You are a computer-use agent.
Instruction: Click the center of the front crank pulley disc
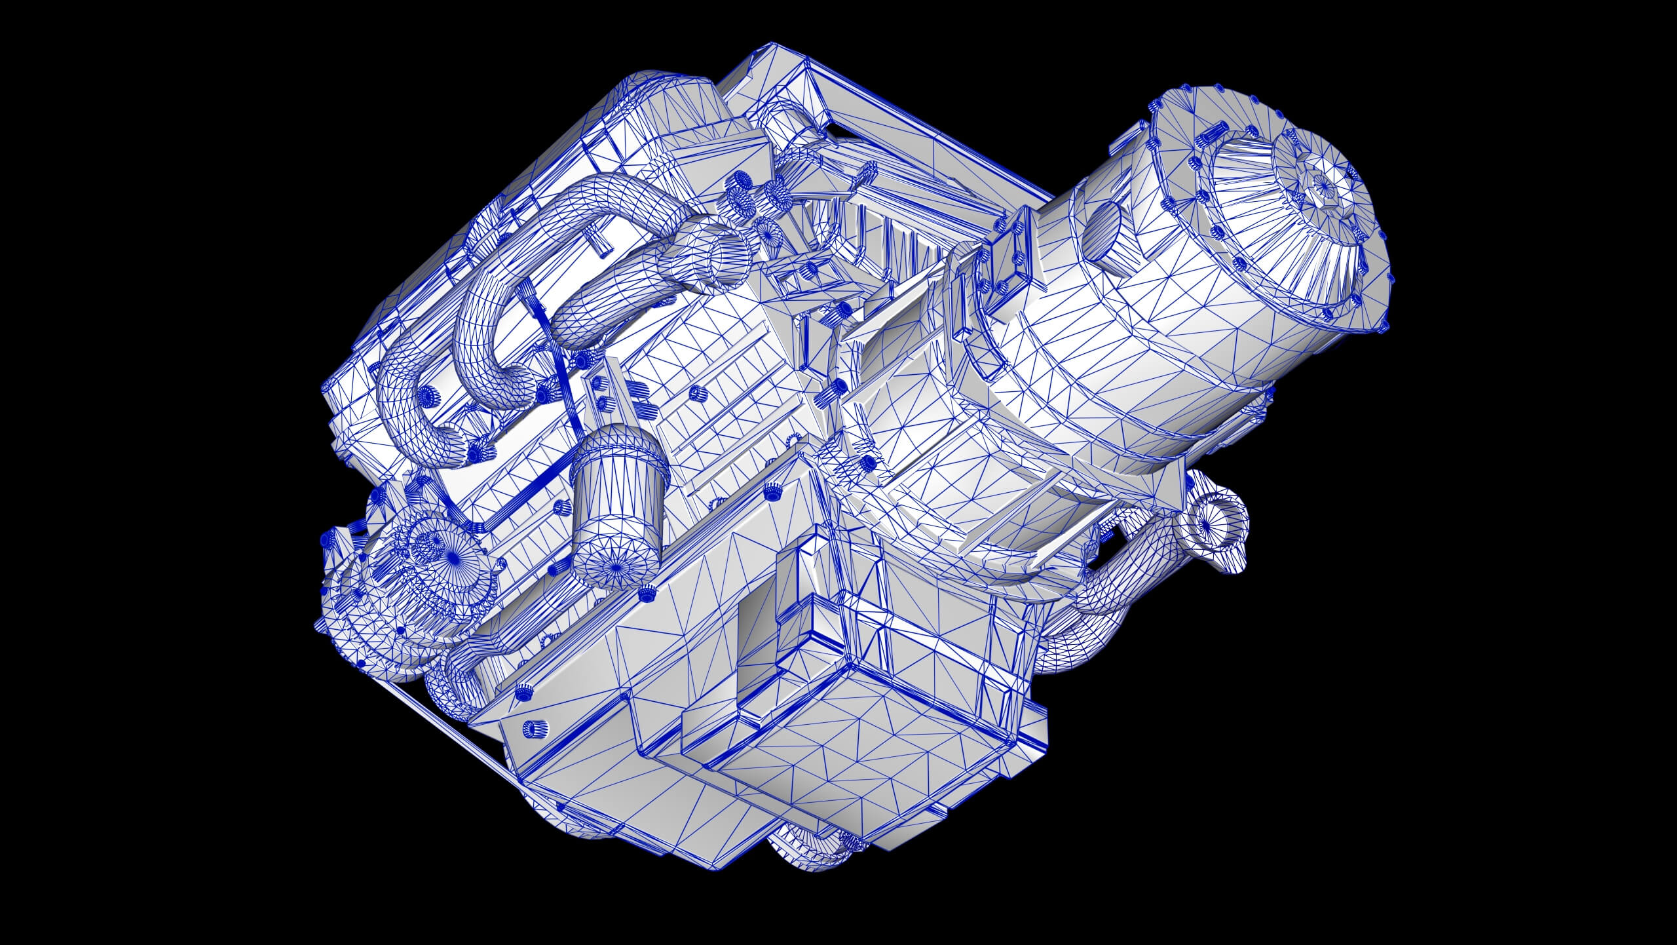click(451, 554)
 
